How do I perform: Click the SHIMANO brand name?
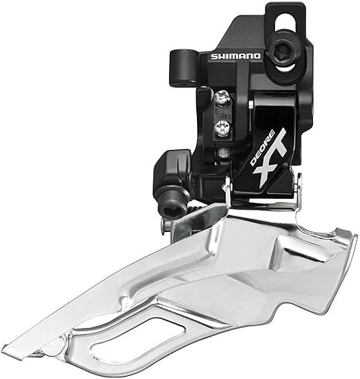(236, 56)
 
